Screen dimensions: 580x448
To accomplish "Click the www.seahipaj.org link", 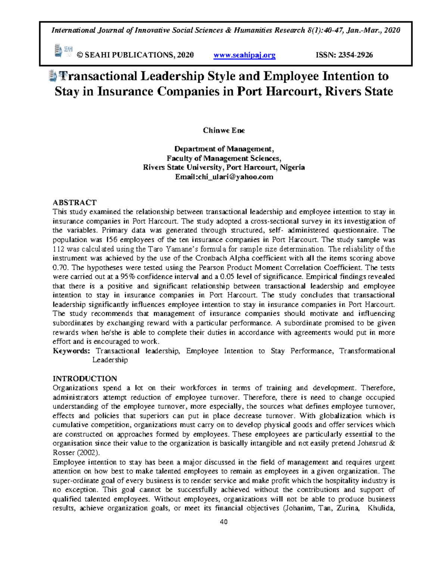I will coord(244,55).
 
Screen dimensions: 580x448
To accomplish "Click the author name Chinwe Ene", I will coord(224,130).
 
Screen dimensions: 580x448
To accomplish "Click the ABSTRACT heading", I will coord(75,203).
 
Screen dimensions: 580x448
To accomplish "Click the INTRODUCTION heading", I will coord(85,379).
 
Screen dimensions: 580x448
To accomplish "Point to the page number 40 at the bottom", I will coord(224,522).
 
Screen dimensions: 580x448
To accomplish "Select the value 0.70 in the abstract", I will coord(60,268).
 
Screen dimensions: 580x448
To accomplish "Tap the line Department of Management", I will coord(224,149).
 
